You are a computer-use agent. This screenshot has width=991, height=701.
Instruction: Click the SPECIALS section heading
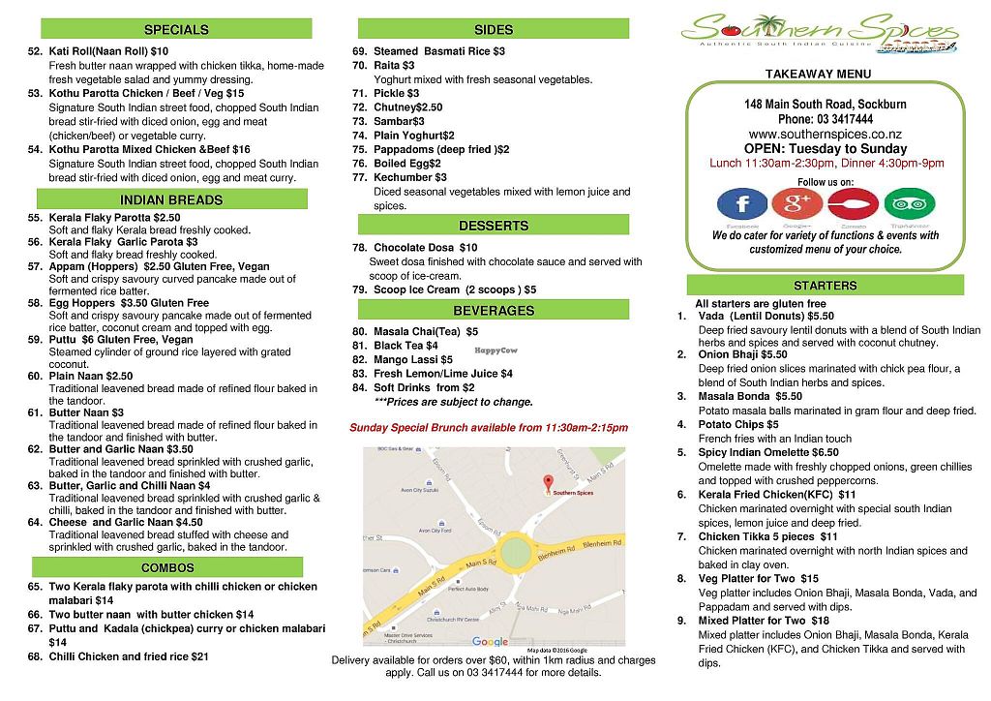tap(176, 29)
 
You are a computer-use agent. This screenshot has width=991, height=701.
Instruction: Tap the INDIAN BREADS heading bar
tap(171, 200)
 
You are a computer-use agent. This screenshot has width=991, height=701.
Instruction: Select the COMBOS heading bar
tap(167, 567)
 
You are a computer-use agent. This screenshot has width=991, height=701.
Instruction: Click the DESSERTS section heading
tap(494, 226)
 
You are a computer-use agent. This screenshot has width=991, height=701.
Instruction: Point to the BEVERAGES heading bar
tap(494, 311)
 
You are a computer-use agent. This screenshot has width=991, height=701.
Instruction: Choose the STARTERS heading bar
tap(825, 286)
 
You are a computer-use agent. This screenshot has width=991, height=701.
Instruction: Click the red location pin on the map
tap(547, 481)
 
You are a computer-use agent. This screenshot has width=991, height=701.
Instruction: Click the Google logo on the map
tap(490, 641)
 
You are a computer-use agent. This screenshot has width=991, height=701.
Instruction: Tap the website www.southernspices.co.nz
tap(825, 134)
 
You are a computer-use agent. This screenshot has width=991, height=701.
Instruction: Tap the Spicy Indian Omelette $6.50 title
tap(768, 452)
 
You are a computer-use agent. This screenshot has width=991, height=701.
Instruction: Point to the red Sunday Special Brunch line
tap(489, 428)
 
